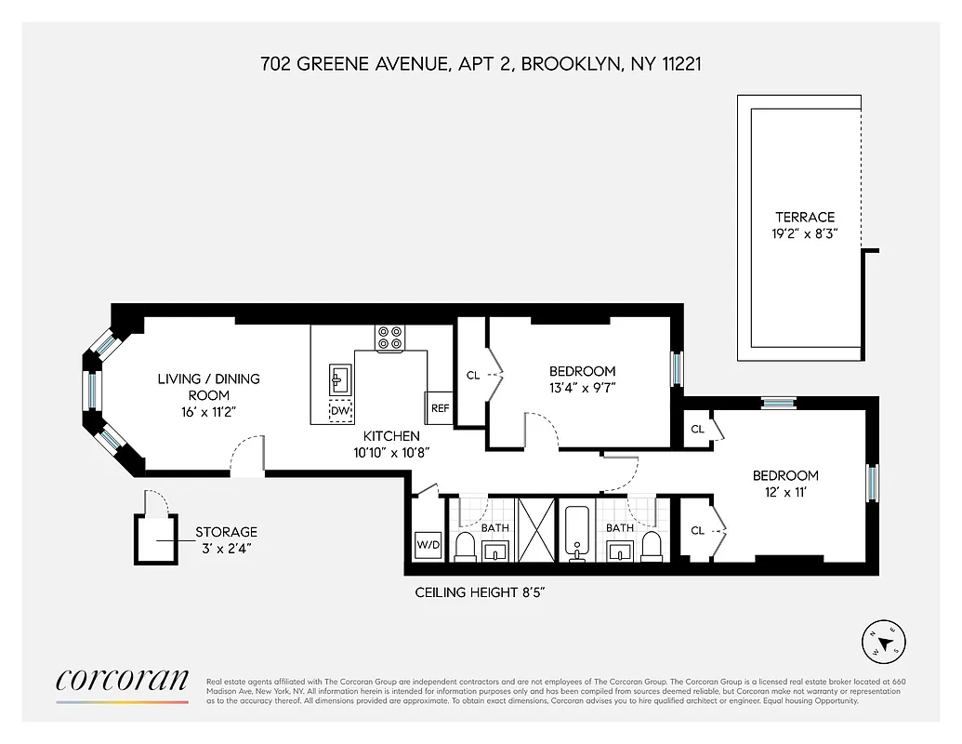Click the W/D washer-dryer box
tap(428, 545)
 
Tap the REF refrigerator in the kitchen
tap(439, 408)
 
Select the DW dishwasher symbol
tap(340, 410)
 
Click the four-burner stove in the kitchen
tap(389, 338)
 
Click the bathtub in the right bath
tap(578, 533)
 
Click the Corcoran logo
tap(122, 681)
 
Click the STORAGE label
tap(226, 532)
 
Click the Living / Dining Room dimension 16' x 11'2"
tap(208, 411)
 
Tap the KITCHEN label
tap(391, 435)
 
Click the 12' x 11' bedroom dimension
tap(785, 493)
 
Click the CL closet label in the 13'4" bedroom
tap(472, 376)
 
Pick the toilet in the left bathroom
tap(465, 549)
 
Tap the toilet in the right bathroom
tap(652, 549)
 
